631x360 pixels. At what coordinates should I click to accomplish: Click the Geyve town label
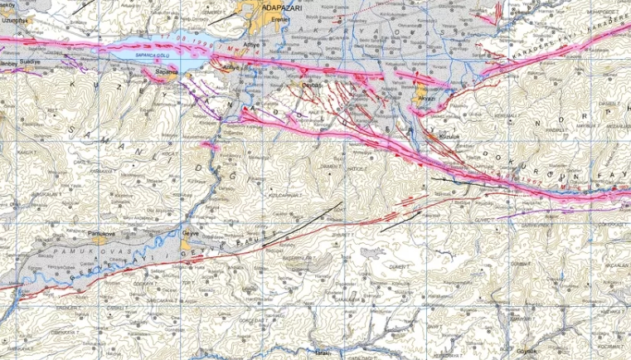[x=192, y=224]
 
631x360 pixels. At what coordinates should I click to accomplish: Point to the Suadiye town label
[x=28, y=61]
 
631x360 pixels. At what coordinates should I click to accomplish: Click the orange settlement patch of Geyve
[x=192, y=232]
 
